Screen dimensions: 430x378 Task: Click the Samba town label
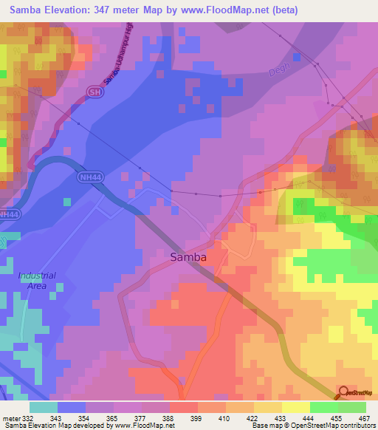click(188, 257)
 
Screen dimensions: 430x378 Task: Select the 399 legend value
click(196, 418)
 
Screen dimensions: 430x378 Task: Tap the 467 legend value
click(364, 418)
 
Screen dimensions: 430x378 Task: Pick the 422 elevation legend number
click(252, 418)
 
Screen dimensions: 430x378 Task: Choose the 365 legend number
click(112, 418)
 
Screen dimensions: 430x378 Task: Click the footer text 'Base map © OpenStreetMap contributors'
click(312, 426)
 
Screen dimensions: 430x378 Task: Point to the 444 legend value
click(308, 418)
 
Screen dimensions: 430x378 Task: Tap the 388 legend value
click(168, 418)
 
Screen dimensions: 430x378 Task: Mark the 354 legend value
click(84, 418)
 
